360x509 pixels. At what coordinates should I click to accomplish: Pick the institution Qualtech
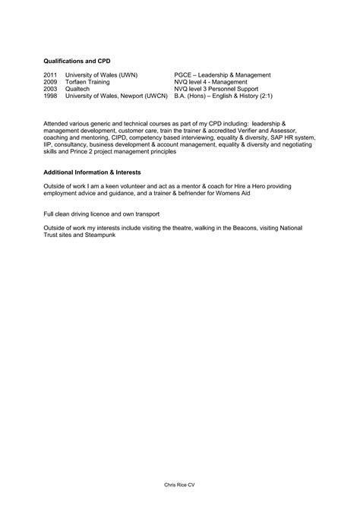[x=78, y=89]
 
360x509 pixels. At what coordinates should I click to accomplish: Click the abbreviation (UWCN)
[x=153, y=96]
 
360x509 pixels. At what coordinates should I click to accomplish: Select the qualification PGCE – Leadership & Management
[x=222, y=75]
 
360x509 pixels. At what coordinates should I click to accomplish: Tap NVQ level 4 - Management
[x=210, y=82]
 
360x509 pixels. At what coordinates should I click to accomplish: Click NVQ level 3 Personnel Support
[x=216, y=89]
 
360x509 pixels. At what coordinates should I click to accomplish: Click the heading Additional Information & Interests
[x=92, y=172]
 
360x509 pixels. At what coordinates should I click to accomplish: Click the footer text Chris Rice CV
[x=180, y=484]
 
